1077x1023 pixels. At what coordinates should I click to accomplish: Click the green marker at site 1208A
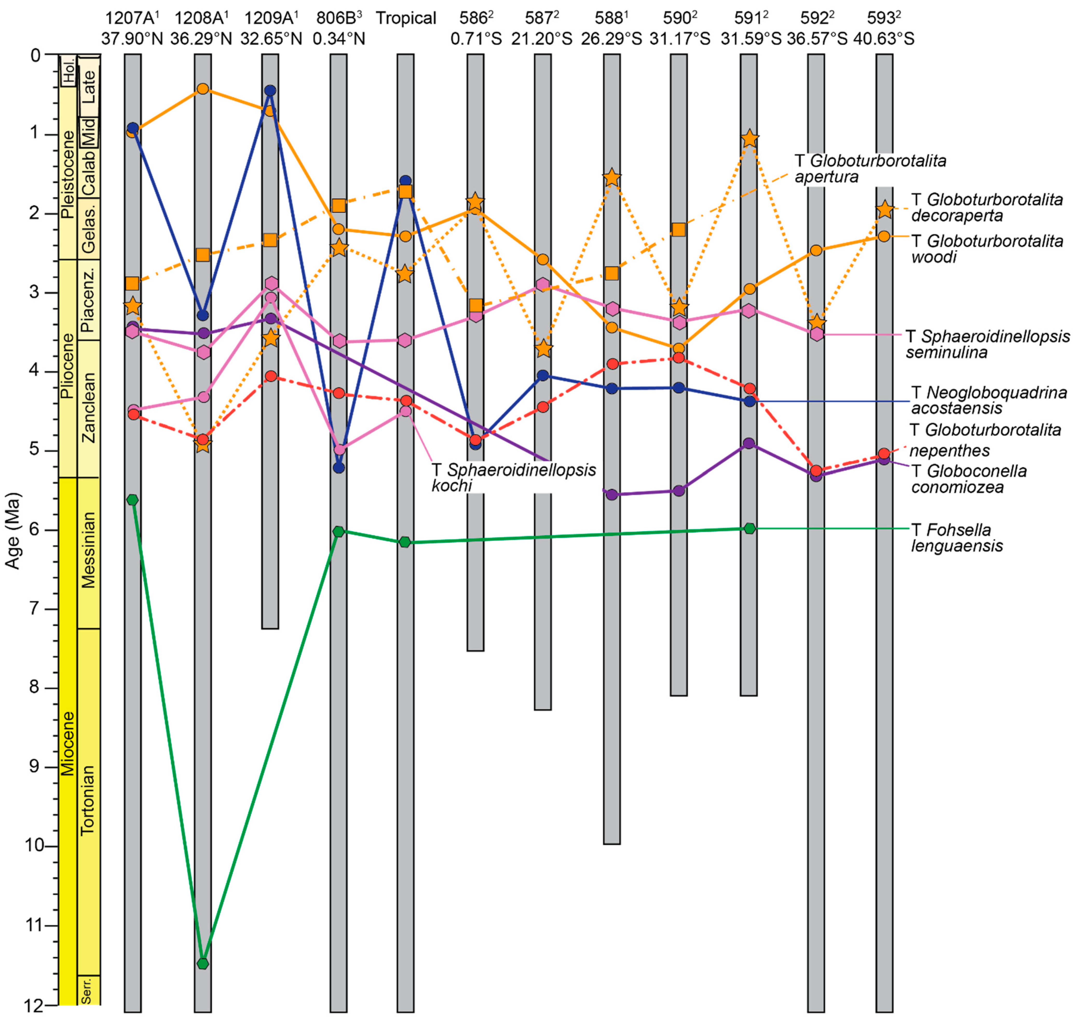point(202,964)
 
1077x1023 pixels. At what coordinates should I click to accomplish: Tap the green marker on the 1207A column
point(132,500)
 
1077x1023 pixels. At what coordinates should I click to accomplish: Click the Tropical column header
point(406,18)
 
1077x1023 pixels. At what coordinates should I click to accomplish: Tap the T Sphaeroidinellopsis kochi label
point(513,477)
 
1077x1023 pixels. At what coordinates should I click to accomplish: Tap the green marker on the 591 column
point(750,528)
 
